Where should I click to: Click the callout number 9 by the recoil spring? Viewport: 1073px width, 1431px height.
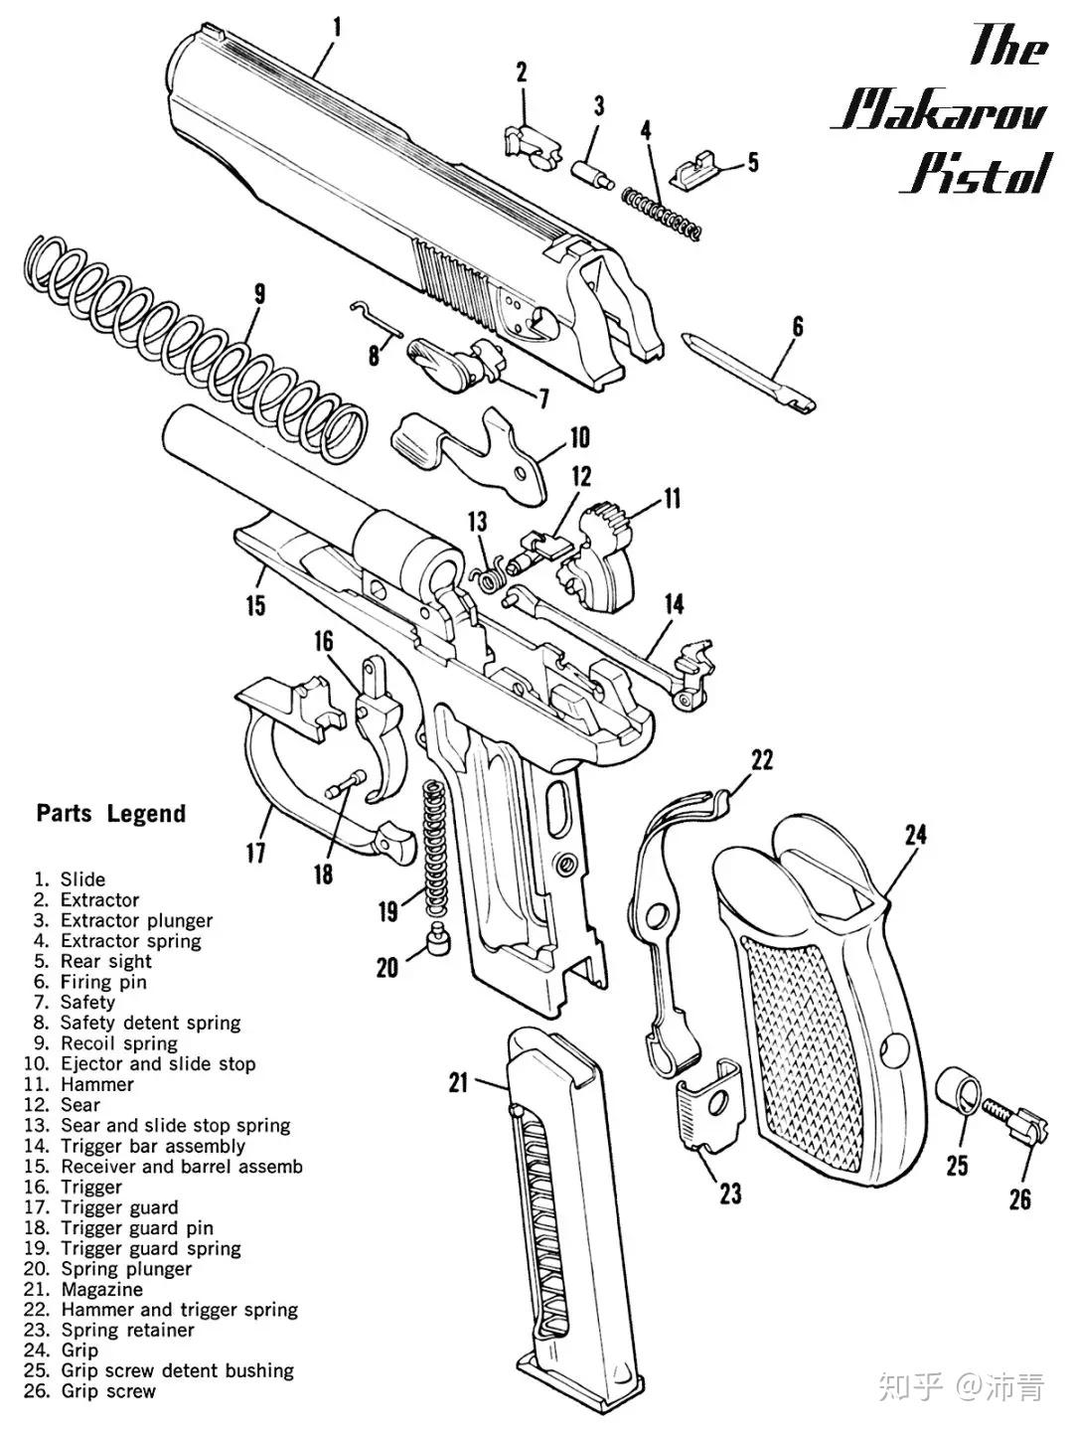pos(259,293)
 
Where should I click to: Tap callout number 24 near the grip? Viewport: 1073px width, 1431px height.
pos(915,834)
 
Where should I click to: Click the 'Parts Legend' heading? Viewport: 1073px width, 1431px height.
pos(111,813)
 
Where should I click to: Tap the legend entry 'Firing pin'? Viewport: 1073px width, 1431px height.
pos(103,982)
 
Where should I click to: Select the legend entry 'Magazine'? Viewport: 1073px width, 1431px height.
pos(101,1290)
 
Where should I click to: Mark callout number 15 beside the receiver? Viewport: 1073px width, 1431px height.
pos(256,604)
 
